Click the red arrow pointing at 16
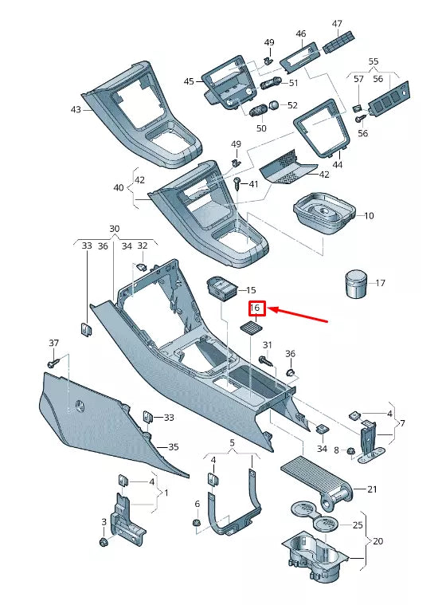[x=301, y=316]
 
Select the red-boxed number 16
[x=256, y=308]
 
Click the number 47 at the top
[x=337, y=23]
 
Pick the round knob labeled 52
[x=273, y=105]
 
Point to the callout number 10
[x=368, y=215]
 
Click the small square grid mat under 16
[x=251, y=328]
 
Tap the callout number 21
[x=371, y=489]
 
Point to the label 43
[x=76, y=109]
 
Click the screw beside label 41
[x=238, y=185]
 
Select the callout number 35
[x=173, y=447]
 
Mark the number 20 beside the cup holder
[x=377, y=540]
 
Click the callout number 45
[x=189, y=81]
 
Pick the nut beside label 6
[x=196, y=523]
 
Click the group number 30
[x=114, y=229]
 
